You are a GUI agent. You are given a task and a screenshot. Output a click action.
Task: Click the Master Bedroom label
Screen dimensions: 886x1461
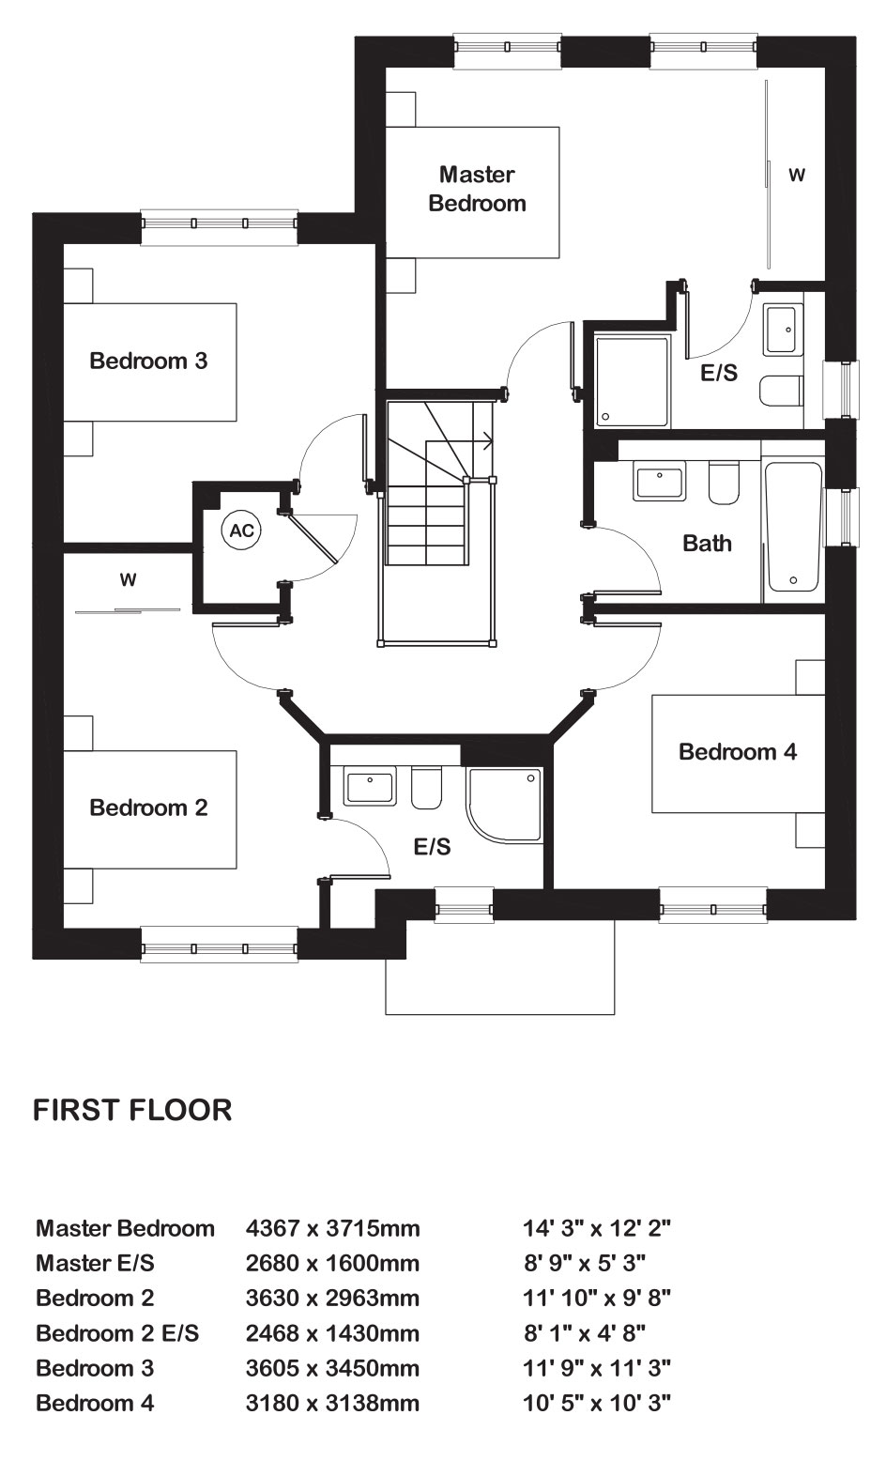[x=477, y=189]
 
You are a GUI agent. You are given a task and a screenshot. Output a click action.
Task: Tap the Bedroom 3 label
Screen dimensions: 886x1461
[x=148, y=361]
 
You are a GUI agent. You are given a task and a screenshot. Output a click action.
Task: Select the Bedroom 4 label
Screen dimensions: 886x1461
[x=738, y=751]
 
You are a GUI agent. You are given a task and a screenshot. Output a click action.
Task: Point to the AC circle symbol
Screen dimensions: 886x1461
[x=241, y=531]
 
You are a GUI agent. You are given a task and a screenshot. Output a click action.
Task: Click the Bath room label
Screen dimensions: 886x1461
[x=707, y=544]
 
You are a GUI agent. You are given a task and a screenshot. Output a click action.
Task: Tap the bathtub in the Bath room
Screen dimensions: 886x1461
[x=793, y=527]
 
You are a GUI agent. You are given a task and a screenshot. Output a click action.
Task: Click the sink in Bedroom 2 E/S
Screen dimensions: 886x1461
[x=370, y=787]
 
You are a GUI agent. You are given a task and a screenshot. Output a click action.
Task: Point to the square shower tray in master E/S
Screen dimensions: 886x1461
[x=632, y=381]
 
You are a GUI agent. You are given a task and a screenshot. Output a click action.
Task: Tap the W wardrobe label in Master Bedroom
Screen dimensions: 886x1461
[x=797, y=175]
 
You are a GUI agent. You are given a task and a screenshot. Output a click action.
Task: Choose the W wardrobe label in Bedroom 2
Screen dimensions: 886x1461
[x=128, y=579]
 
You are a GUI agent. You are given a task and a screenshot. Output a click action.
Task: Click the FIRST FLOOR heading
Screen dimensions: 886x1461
[x=132, y=1110]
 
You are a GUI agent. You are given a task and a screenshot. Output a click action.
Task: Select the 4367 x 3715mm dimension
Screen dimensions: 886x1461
[x=332, y=1229]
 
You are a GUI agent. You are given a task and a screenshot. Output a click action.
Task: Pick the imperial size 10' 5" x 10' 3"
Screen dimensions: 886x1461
[x=597, y=1402]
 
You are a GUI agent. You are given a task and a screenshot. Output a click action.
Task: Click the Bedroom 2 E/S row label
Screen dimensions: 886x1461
[x=117, y=1333]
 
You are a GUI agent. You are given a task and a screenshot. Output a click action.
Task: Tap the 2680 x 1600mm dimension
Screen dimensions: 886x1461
[x=332, y=1264]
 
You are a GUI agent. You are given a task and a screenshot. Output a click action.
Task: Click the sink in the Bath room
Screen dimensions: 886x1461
[x=659, y=482]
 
